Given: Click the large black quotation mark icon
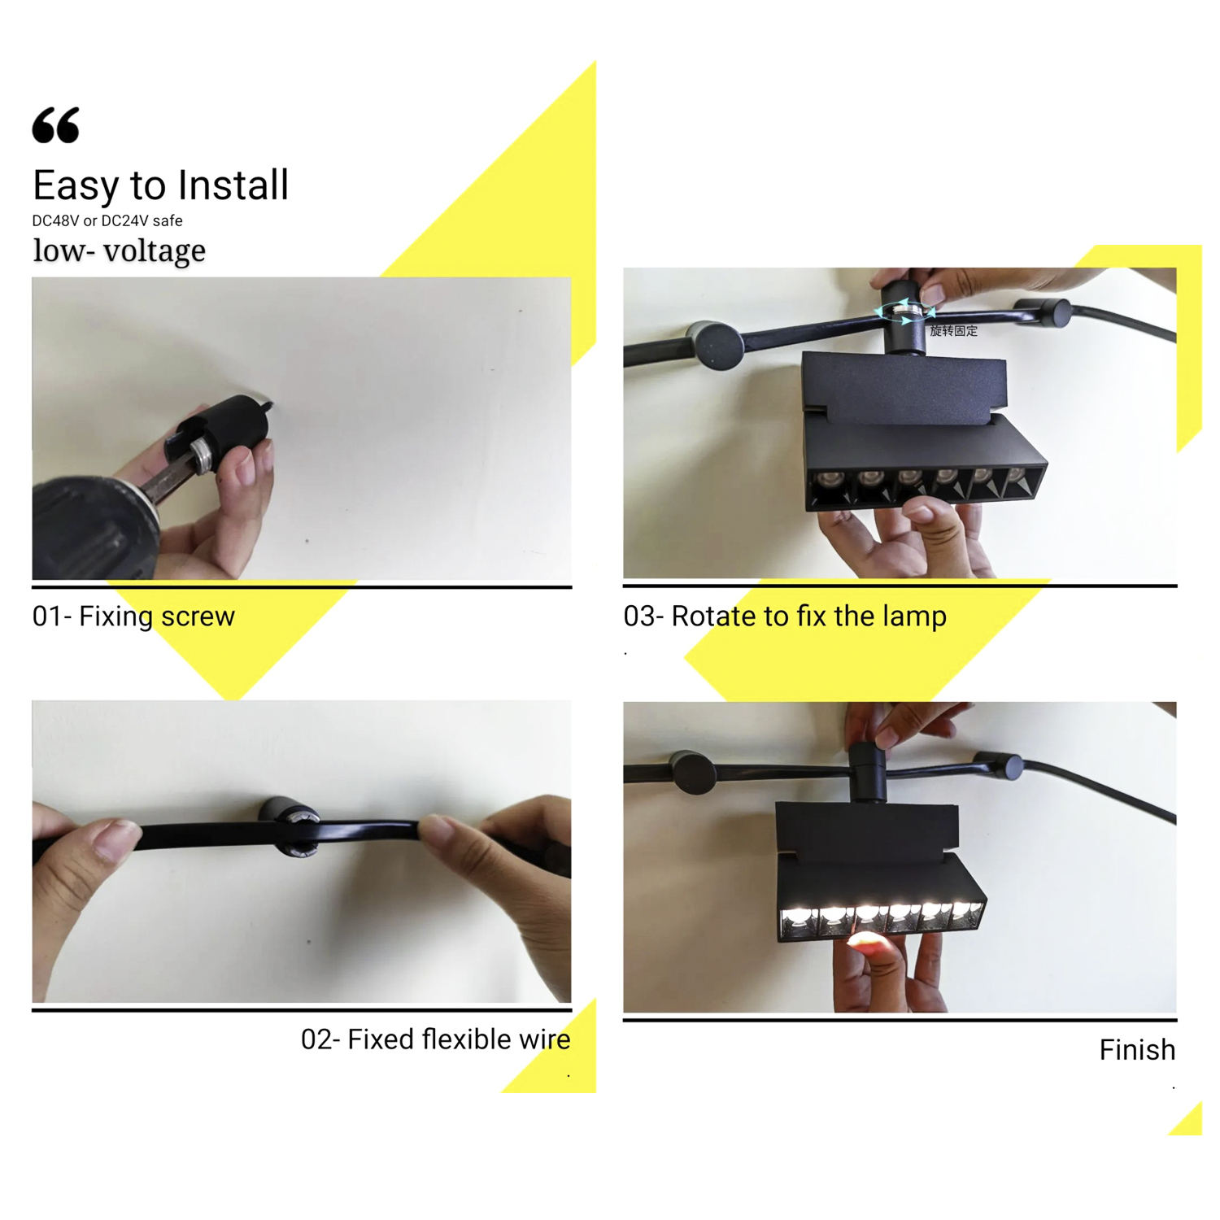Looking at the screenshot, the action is [56, 125].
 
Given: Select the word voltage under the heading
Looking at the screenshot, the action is [155, 251].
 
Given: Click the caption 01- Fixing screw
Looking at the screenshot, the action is [133, 617].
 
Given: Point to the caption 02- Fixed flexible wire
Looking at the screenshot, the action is [436, 1039].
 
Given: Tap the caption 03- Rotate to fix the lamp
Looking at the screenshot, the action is [785, 617].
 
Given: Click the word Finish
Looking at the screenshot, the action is [1137, 1050].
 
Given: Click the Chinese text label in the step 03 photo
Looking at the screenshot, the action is [954, 331].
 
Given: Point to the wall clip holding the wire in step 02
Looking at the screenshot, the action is [291, 826].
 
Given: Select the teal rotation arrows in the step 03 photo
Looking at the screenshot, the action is [904, 312].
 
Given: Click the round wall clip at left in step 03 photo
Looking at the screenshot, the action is [716, 346].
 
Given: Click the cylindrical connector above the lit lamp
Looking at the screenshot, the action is [868, 772].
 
